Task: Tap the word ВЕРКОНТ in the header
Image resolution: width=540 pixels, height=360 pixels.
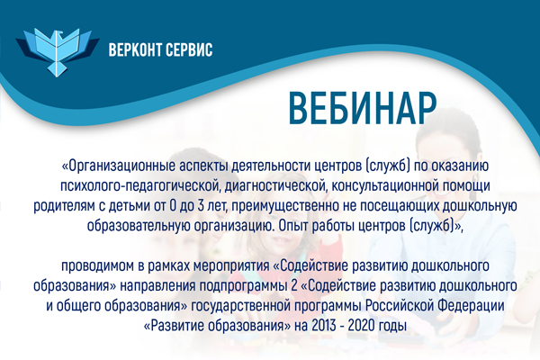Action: (x=134, y=50)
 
